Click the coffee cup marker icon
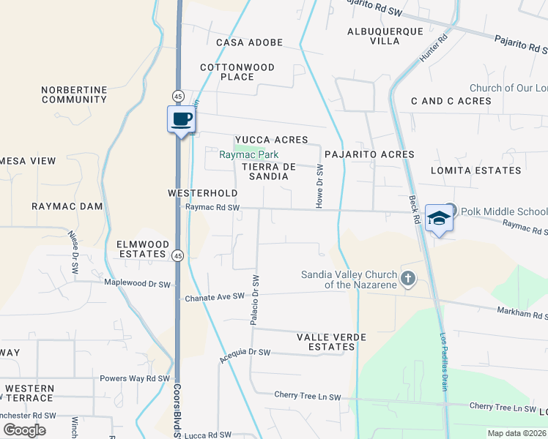point(181,119)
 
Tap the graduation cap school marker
point(438,218)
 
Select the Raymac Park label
point(249,154)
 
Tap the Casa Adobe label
point(249,42)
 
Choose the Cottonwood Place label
point(237,72)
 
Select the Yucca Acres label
point(271,140)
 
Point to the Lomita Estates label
point(486,170)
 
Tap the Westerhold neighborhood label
point(202,193)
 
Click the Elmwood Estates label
point(143,249)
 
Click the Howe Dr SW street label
point(319,187)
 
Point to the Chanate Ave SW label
point(214,297)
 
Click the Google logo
point(25,429)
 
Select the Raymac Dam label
point(67,206)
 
